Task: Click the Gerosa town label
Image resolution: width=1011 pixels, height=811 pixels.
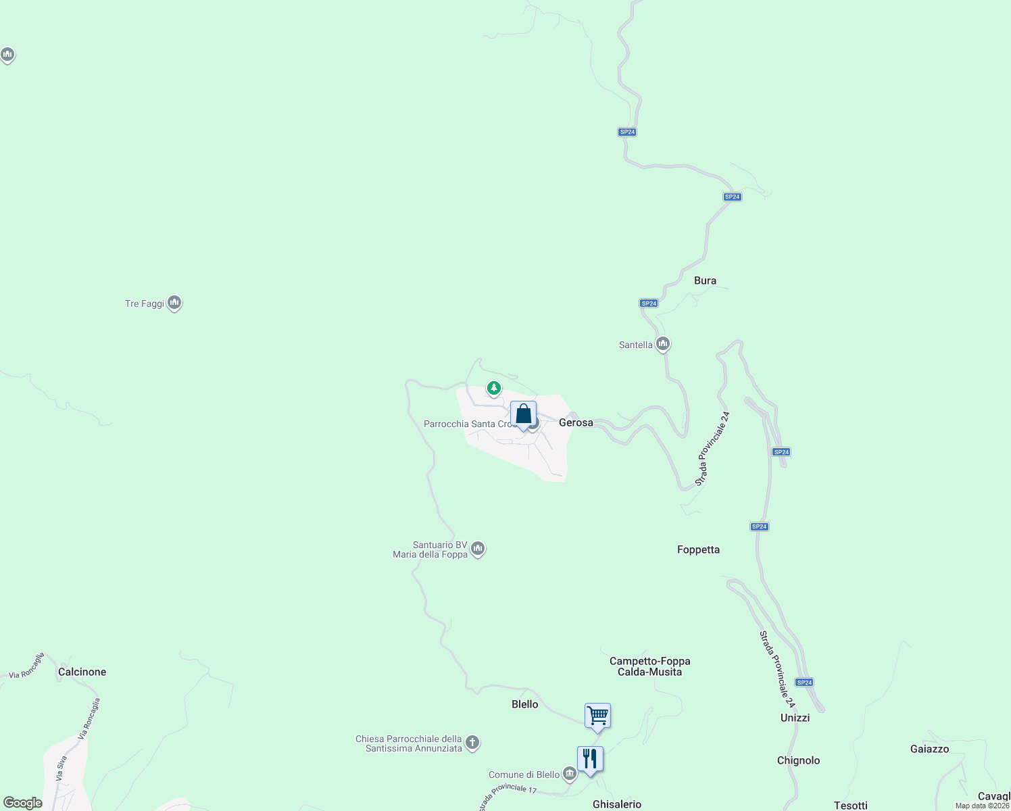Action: click(576, 422)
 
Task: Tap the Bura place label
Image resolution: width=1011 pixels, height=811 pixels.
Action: click(705, 280)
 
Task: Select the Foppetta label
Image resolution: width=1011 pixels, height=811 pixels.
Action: click(698, 549)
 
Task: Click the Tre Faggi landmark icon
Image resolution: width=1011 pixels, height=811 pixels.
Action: click(174, 303)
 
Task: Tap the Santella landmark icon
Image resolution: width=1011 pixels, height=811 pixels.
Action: click(663, 345)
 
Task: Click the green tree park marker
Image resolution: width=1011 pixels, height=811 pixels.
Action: click(494, 389)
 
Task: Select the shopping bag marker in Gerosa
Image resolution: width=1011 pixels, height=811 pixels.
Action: click(523, 414)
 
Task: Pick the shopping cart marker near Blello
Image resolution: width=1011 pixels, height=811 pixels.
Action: click(597, 716)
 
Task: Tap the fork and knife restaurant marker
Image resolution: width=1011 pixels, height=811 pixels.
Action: click(590, 759)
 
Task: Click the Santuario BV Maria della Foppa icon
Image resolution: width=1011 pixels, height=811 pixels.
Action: click(478, 549)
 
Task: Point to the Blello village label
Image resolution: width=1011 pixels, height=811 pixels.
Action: click(524, 704)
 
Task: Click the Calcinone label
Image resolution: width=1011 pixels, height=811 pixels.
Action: click(82, 672)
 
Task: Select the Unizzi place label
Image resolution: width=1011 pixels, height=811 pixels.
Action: click(795, 718)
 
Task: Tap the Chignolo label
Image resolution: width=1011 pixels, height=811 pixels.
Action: click(798, 760)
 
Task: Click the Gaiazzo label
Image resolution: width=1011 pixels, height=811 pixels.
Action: click(929, 749)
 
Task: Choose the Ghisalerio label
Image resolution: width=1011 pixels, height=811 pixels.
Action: click(616, 804)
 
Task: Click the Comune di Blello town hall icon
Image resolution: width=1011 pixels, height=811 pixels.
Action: click(569, 774)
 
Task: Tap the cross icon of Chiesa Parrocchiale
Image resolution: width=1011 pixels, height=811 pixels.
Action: click(472, 743)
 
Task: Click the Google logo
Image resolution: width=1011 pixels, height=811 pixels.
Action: click(22, 803)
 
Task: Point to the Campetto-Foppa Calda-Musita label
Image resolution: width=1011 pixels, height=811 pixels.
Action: click(649, 666)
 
